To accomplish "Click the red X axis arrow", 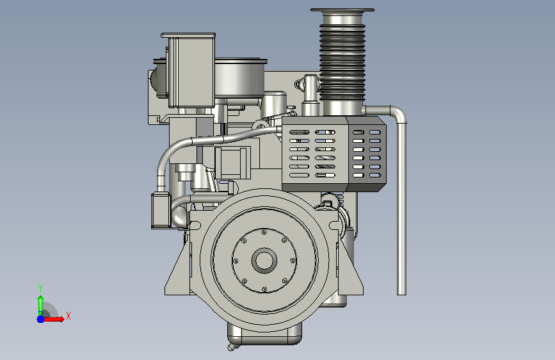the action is [x=53, y=319].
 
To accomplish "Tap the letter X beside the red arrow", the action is [x=68, y=316].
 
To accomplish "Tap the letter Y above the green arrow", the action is [x=40, y=288].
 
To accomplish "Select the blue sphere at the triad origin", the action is [x=40, y=319].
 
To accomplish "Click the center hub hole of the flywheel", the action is [x=264, y=261].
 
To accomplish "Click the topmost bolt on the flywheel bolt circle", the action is [x=264, y=233].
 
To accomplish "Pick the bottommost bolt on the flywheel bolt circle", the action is [x=264, y=290].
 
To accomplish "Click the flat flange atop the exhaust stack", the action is [x=342, y=10].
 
